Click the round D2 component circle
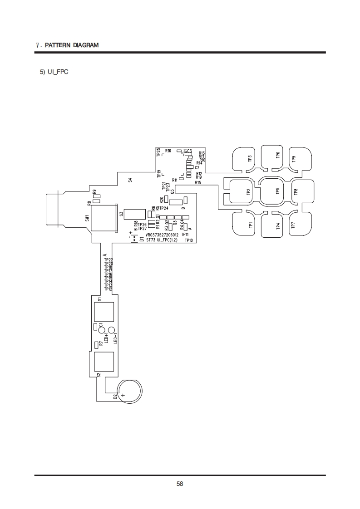tap(130, 390)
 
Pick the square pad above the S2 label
tap(104, 362)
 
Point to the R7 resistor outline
tap(96, 345)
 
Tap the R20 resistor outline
tap(167, 200)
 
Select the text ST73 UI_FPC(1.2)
tap(162, 240)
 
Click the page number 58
tap(180, 484)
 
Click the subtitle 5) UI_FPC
tap(54, 72)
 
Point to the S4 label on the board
tap(130, 181)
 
